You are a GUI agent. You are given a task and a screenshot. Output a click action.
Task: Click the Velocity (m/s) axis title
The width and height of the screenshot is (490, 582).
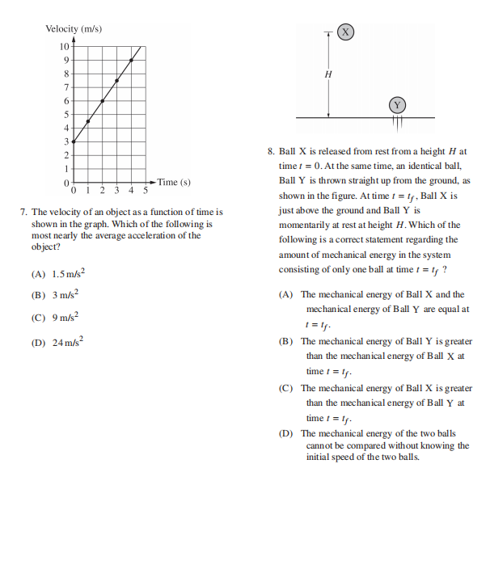click(x=74, y=29)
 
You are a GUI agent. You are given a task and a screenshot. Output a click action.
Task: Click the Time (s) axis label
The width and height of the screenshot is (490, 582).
click(x=174, y=182)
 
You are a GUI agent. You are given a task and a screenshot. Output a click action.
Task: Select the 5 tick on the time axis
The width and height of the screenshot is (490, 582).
click(x=146, y=192)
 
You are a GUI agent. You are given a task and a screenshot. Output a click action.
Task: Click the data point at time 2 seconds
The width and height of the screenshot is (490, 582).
click(x=102, y=101)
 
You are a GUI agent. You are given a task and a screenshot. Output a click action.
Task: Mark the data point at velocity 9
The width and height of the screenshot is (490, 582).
click(x=131, y=60)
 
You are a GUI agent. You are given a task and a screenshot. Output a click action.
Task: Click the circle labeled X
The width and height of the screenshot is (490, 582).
click(x=345, y=32)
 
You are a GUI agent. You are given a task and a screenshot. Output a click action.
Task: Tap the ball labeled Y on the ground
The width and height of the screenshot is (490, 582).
click(x=397, y=106)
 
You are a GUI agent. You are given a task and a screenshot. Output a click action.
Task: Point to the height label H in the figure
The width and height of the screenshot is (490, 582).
click(x=327, y=74)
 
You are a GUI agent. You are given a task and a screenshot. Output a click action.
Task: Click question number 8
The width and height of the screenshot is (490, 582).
click(x=271, y=151)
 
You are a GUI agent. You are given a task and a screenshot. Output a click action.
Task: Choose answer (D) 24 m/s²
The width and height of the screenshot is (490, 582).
click(x=57, y=342)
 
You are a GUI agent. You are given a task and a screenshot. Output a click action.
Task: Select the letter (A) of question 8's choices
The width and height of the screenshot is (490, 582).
click(x=285, y=295)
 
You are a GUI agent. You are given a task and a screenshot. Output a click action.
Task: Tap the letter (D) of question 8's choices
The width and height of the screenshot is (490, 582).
click(x=285, y=434)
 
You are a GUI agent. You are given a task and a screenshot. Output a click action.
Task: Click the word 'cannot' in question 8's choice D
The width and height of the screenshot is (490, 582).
click(x=319, y=445)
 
